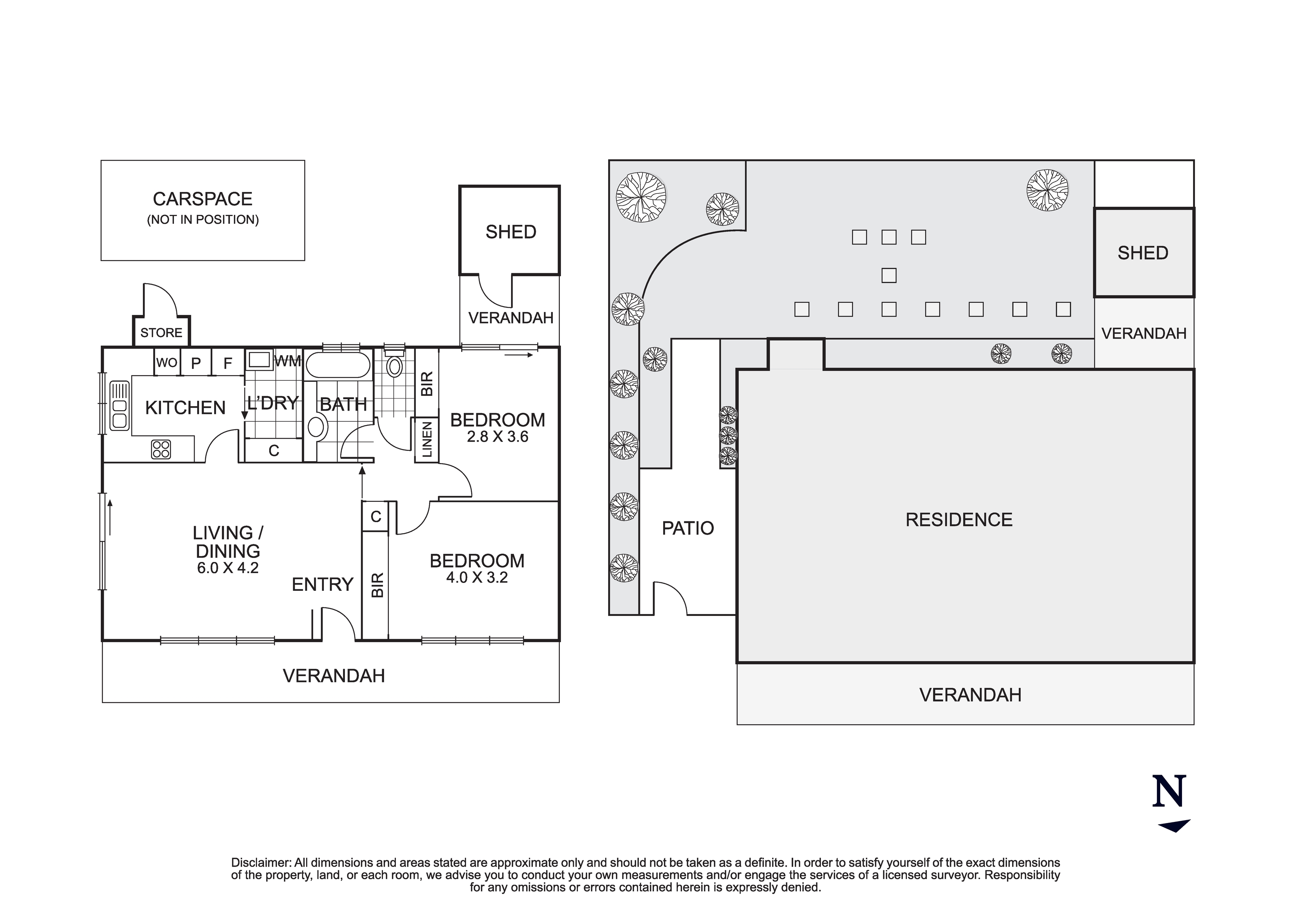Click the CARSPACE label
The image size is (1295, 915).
pos(202,199)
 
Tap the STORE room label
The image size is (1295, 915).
pos(161,333)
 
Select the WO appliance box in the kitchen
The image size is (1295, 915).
pos(167,362)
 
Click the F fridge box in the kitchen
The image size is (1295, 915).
pos(228,363)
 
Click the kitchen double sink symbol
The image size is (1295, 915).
pos(120,405)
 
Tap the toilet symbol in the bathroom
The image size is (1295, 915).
pos(394,363)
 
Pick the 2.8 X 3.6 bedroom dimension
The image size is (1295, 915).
pos(497,436)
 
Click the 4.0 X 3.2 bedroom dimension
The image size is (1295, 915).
pos(477,578)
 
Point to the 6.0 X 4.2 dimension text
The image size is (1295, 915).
pos(228,568)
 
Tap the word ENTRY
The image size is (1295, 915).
pos(323,585)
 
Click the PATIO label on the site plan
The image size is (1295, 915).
pos(688,528)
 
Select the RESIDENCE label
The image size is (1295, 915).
pos(959,520)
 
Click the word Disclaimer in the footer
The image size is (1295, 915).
pos(261,863)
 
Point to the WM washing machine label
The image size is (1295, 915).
pos(288,361)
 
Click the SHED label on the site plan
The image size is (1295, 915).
pos(1143,253)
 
